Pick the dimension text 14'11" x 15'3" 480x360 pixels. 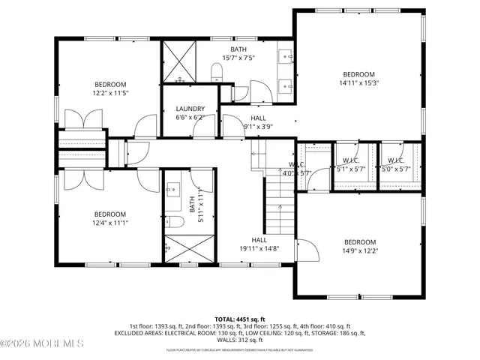tap(358, 83)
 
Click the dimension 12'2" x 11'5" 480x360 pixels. tap(110, 93)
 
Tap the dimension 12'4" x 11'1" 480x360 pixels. tap(110, 222)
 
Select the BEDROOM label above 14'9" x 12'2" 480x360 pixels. tap(359, 241)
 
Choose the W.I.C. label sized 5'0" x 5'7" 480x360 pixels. tap(395, 160)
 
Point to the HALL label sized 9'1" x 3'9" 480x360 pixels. tap(258, 118)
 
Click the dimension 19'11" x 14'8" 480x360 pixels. tap(259, 248)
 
